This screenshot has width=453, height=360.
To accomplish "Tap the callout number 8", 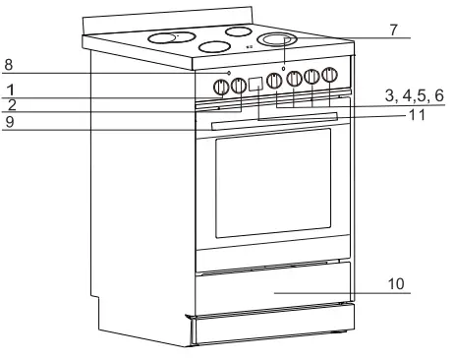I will pos(8,65).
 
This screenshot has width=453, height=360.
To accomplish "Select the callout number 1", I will pos(8,90).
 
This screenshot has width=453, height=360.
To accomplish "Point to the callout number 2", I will pos(8,103).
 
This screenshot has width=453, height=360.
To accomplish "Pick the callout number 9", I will pos(8,123).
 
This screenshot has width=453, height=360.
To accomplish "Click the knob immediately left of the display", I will pos(237,86).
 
